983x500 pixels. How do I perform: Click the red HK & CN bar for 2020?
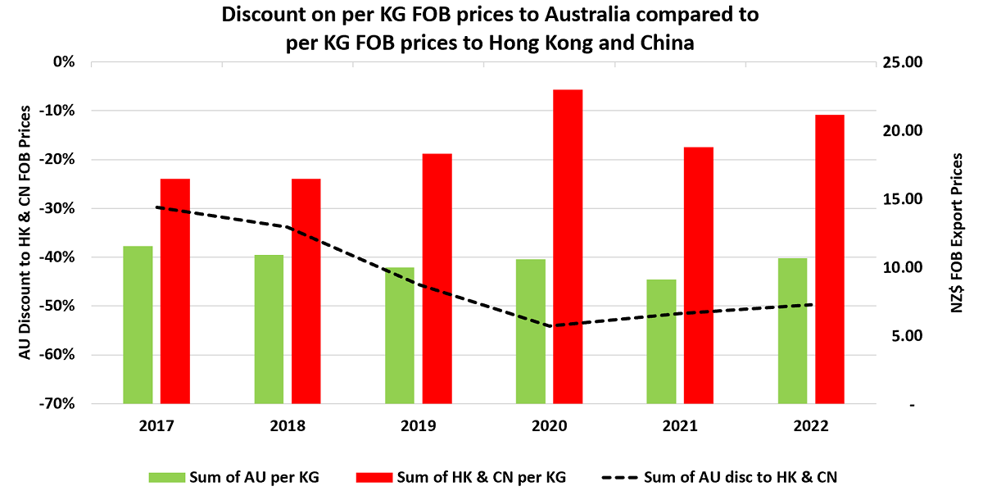567,246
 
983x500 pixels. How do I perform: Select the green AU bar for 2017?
138,325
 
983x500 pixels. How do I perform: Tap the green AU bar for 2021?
661,342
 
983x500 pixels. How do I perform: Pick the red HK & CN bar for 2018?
306,291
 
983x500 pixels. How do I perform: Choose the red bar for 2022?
829,259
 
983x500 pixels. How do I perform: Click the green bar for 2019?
400,335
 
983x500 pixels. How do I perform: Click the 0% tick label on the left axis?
63,62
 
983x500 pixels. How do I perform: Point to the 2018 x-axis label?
287,426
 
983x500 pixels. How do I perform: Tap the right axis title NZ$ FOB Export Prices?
957,234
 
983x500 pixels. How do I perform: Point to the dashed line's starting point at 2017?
156,207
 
